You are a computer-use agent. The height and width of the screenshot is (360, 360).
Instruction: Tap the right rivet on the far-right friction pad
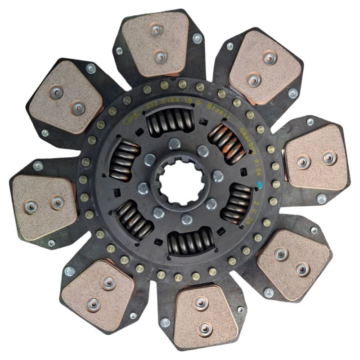[x=330, y=158]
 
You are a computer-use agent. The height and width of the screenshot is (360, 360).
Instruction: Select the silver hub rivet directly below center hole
[x=185, y=219]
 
